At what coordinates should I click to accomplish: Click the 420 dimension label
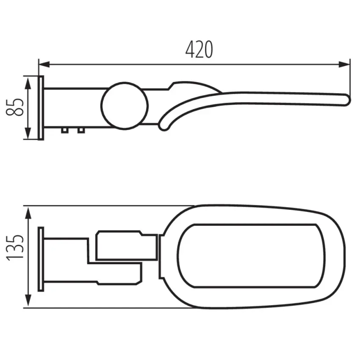point(199,50)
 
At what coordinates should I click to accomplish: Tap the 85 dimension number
point(17,107)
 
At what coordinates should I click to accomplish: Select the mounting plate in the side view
point(41,108)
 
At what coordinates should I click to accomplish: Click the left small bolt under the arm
point(64,130)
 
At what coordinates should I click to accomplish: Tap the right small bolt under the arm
point(80,130)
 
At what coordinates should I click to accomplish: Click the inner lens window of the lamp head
point(248,256)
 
